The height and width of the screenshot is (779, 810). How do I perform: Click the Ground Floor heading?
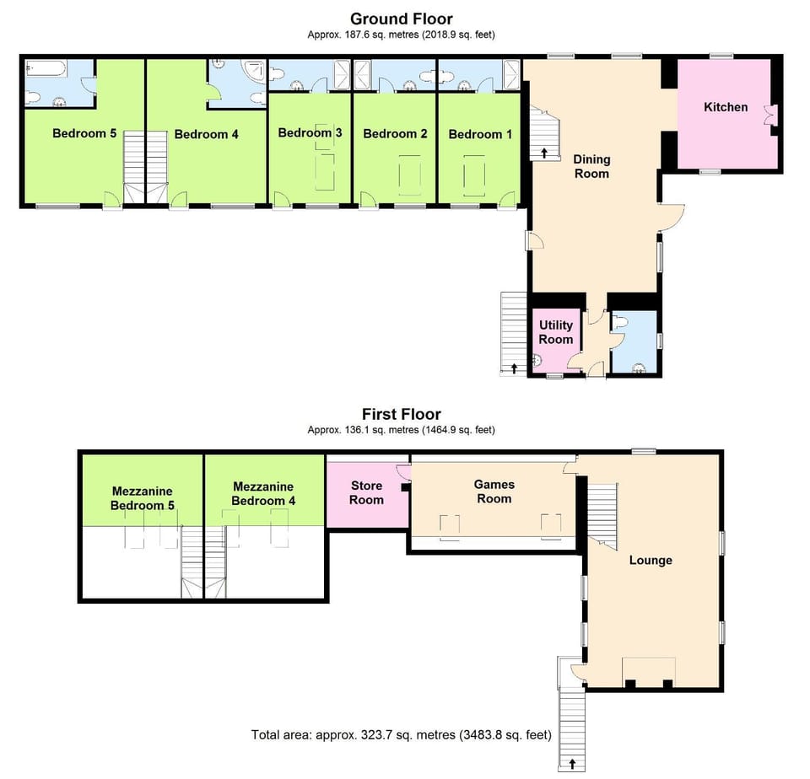[x=401, y=19]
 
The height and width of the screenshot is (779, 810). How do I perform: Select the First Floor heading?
[x=401, y=414]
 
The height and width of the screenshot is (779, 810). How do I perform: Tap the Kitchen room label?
[x=726, y=107]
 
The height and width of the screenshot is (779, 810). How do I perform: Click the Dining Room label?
[x=591, y=166]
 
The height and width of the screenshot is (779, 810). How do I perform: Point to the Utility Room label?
[x=556, y=332]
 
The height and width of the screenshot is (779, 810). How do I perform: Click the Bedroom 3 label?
[x=310, y=132]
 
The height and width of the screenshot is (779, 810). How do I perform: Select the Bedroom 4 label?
[x=201, y=133]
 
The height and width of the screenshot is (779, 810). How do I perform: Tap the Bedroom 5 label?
[x=84, y=132]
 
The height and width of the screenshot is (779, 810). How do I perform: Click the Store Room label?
[x=366, y=492]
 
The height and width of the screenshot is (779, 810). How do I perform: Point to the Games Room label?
[x=494, y=492]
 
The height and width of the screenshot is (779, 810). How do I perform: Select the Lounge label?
[x=650, y=560]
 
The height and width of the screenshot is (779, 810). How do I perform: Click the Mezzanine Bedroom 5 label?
[x=142, y=497]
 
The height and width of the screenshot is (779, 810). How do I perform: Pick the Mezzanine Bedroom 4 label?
[x=263, y=493]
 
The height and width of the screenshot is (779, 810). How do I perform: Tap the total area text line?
[x=401, y=735]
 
